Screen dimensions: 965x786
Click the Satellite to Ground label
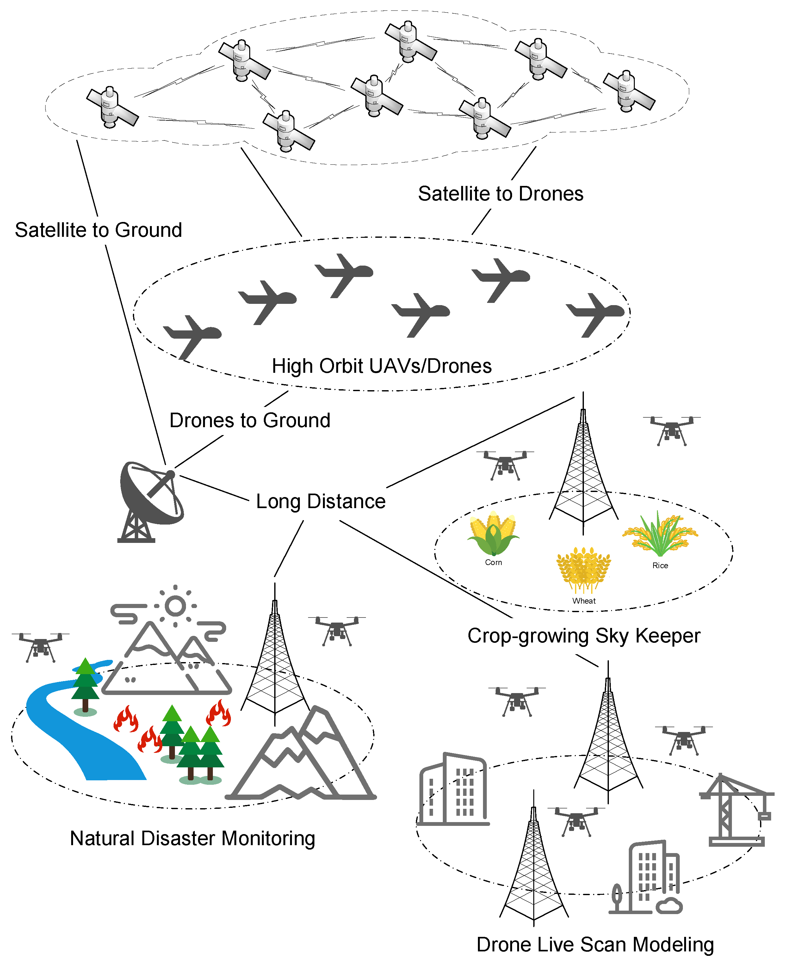tap(98, 230)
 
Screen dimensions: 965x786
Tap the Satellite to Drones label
tap(500, 194)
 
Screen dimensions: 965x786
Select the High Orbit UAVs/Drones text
tap(381, 366)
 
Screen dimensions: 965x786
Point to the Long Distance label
tap(320, 501)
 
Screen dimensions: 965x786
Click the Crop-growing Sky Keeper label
tap(584, 636)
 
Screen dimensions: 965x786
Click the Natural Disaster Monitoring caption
tap(192, 838)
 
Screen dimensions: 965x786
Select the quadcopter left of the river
tap(41, 646)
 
